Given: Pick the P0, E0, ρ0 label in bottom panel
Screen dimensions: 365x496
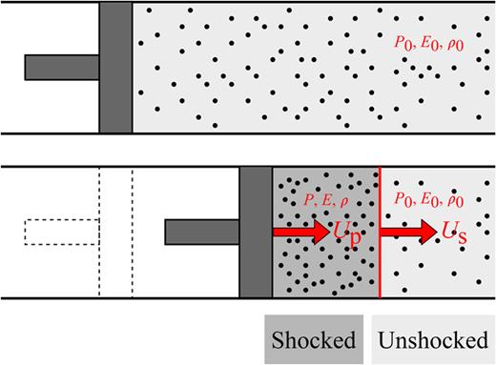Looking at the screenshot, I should (x=431, y=201).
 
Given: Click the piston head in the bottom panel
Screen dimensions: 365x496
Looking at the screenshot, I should (x=256, y=232).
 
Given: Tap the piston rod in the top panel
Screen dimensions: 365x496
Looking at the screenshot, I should (x=62, y=67).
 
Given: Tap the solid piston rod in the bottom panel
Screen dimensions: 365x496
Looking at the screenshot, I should (x=202, y=232).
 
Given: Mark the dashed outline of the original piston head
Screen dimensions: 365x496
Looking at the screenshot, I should (x=114, y=232).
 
